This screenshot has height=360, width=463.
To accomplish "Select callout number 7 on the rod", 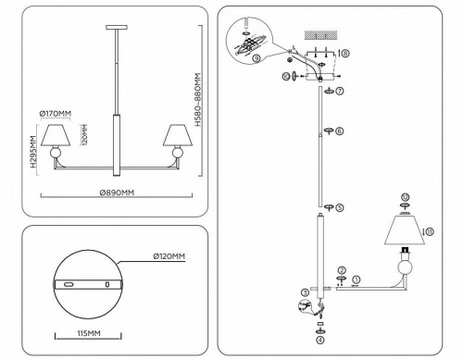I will (x=340, y=91).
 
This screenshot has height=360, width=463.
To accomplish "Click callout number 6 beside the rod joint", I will (x=340, y=131).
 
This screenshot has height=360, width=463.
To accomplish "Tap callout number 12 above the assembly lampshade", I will (x=404, y=197).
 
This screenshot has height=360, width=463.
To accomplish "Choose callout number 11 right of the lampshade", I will (x=428, y=229).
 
